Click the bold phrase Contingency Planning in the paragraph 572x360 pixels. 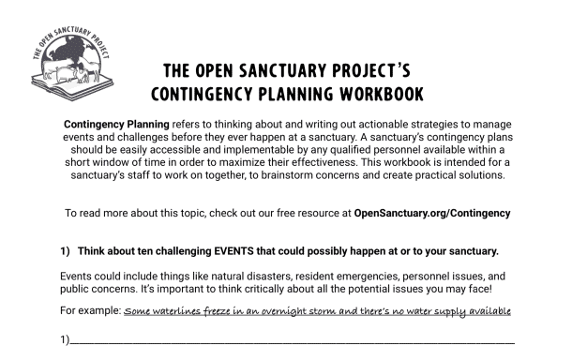(117, 125)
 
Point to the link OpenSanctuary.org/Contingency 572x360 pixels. (432, 213)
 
